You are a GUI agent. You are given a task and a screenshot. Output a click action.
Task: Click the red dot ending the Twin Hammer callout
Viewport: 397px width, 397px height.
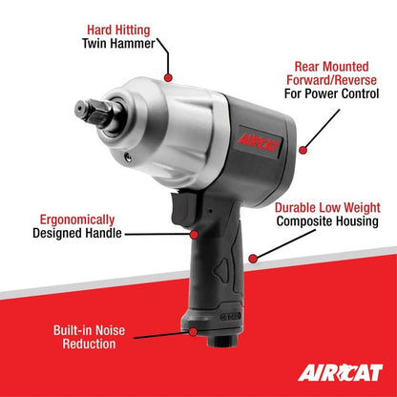(168, 75)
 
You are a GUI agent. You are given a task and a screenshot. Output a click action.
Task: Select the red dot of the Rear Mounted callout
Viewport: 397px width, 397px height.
(302, 148)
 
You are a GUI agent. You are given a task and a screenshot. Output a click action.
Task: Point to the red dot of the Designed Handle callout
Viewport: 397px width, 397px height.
(196, 233)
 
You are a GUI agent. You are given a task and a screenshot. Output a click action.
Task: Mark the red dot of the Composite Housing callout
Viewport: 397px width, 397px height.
(252, 258)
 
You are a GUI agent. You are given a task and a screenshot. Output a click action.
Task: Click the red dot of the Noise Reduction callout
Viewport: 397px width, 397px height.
(195, 332)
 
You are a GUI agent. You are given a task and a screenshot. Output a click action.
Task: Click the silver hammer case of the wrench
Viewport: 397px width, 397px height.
(172, 124)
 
